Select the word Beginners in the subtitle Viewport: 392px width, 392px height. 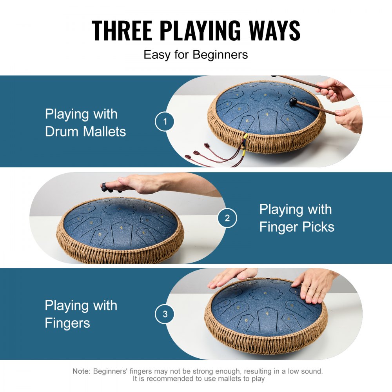[220, 54]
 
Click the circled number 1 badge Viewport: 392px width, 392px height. [165, 122]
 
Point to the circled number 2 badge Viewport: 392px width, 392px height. [227, 218]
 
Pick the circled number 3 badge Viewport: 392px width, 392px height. [165, 314]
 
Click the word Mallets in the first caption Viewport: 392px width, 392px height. [104, 132]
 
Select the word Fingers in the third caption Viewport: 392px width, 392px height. [67, 323]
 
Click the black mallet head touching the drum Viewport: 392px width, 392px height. [293, 102]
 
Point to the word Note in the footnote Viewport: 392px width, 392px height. [81, 371]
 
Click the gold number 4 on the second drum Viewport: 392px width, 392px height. [122, 227]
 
